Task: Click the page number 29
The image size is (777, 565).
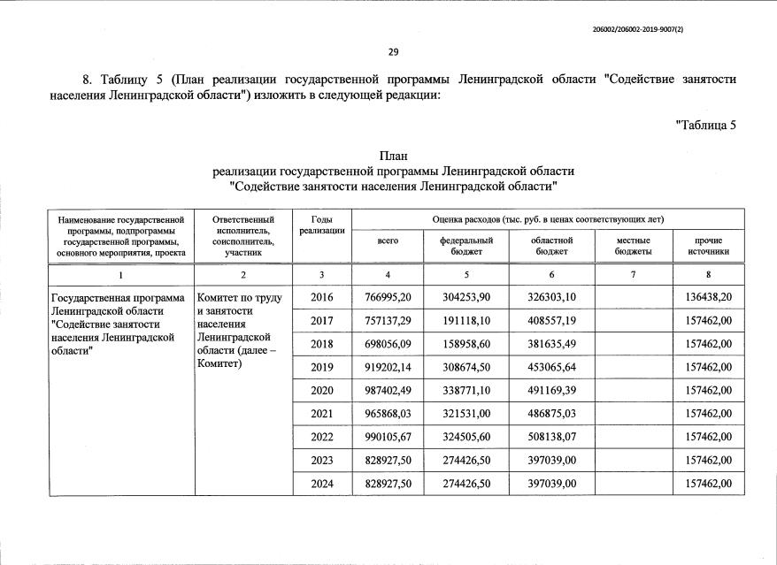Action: pos(393,51)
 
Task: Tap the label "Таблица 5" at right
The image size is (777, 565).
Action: pos(706,124)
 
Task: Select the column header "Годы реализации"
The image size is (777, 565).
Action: pos(322,225)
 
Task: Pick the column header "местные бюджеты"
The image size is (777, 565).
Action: pos(633,246)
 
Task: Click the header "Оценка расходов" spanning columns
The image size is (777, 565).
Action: pos(548,218)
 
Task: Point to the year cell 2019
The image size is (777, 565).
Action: pos(322,365)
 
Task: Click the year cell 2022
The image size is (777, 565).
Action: pos(322,437)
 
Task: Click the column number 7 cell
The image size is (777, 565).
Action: pos(633,274)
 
